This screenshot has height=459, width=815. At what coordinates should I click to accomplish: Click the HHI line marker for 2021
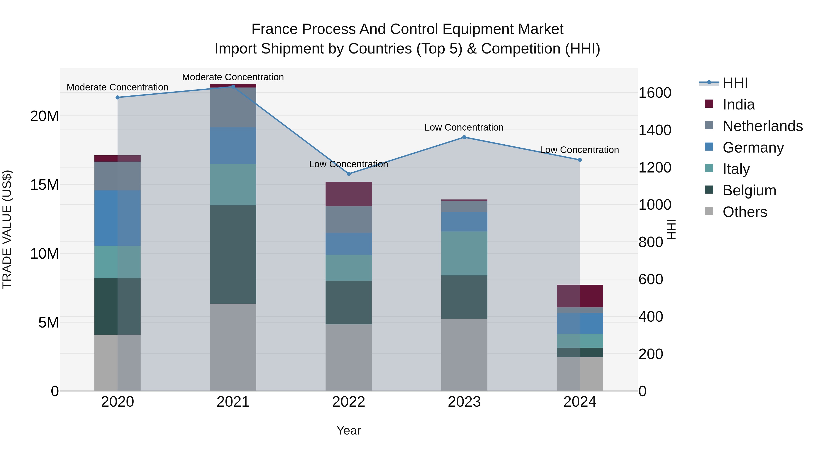[x=233, y=87]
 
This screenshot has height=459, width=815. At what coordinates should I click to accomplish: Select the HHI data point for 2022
[x=349, y=174]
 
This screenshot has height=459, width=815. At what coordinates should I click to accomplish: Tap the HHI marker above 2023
[x=464, y=137]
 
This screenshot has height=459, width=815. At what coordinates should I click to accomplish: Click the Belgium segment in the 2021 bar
[x=233, y=254]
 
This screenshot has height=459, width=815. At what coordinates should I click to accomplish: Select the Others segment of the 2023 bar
[x=464, y=355]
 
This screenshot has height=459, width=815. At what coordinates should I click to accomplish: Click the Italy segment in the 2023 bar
[x=464, y=253]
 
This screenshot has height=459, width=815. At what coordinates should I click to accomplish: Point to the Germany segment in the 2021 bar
[x=233, y=146]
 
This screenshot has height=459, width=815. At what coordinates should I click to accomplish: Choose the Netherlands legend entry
[x=762, y=126]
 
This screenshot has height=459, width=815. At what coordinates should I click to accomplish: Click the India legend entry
[x=738, y=104]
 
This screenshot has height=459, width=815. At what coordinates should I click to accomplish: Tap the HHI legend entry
[x=735, y=83]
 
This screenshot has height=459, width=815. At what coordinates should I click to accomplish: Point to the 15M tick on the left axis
[x=44, y=185]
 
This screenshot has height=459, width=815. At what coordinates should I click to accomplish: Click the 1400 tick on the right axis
[x=654, y=130]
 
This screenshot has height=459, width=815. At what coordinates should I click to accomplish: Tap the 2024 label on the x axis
[x=580, y=402]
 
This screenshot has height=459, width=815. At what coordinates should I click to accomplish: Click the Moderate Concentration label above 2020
[x=117, y=87]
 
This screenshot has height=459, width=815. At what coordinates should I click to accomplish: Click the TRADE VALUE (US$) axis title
[x=7, y=229]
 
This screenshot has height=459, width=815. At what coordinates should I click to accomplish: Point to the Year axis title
[x=349, y=430]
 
